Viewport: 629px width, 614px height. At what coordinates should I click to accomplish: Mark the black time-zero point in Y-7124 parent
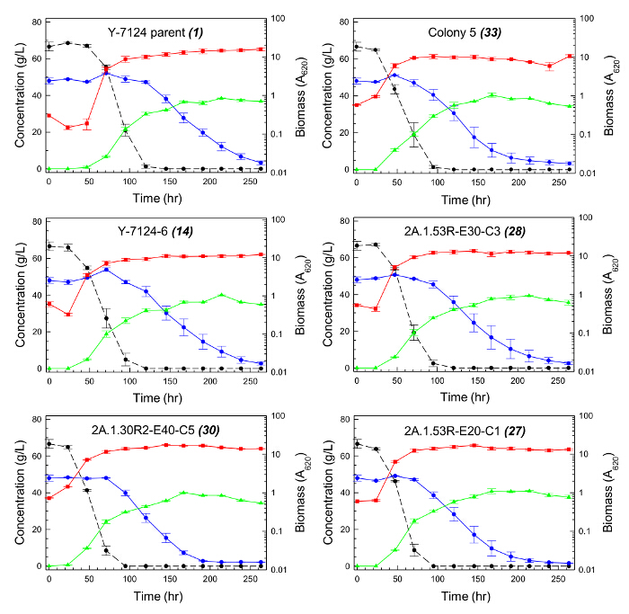(49, 47)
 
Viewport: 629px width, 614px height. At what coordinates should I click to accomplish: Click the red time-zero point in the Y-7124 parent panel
(49, 115)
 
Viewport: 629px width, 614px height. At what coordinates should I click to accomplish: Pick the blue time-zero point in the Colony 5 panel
(358, 81)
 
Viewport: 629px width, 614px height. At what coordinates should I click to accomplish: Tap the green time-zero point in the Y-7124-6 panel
(49, 369)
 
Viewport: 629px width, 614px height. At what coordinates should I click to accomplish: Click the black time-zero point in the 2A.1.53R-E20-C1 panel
(358, 443)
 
